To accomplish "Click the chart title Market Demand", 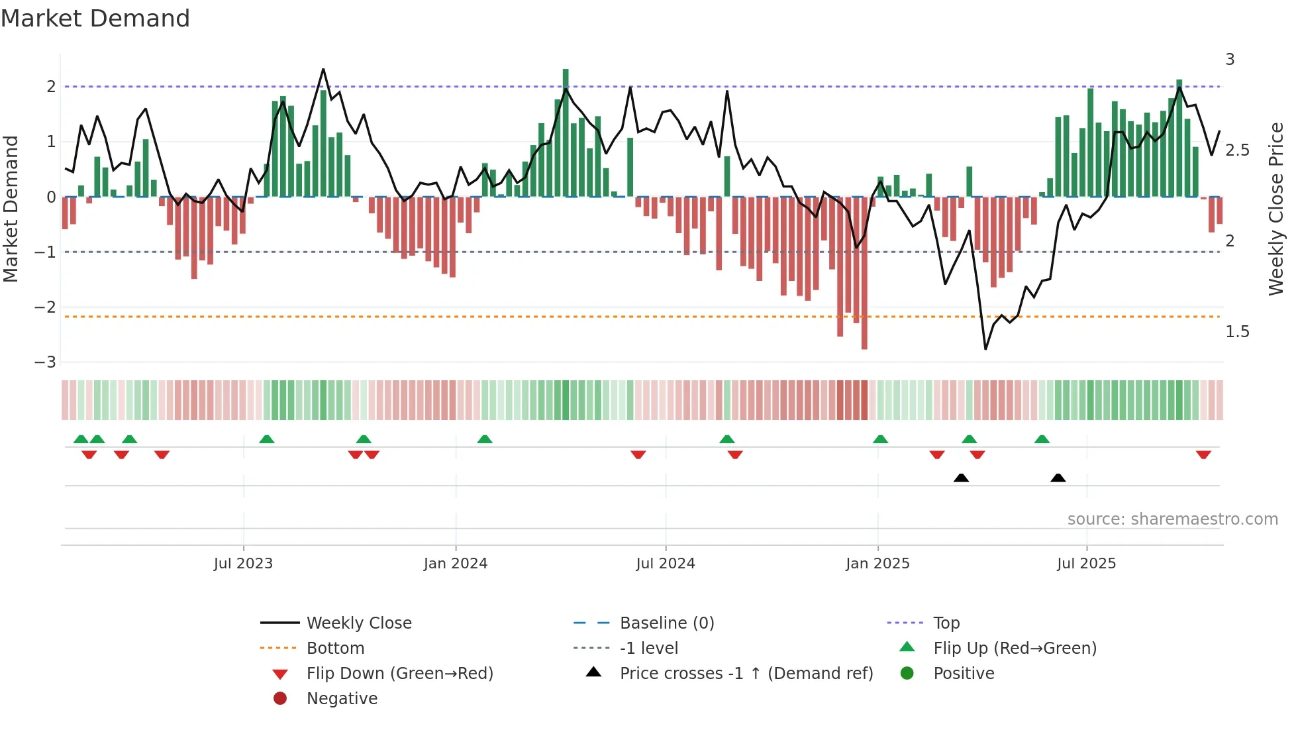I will [95, 19].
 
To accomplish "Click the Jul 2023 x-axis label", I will [243, 564].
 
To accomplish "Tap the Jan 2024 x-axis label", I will [456, 564].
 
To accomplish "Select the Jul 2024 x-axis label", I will [666, 564].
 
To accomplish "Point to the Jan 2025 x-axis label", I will [877, 564].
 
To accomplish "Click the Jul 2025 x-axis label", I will [1086, 564].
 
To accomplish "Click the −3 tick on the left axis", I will [46, 362].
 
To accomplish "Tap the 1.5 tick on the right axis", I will [1237, 332].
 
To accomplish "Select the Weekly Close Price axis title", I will [1276, 209].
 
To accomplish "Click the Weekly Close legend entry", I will [359, 623].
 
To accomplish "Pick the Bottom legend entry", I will [335, 649].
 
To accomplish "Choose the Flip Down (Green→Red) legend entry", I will [399, 674].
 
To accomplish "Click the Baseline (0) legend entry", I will [667, 623].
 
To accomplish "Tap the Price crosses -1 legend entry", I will [746, 674].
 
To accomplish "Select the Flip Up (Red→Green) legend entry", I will [1015, 649].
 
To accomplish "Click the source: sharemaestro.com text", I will [1172, 519].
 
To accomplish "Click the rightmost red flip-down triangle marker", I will [1203, 454].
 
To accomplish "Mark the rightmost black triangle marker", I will [1058, 478].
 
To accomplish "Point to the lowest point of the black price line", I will [985, 348].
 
